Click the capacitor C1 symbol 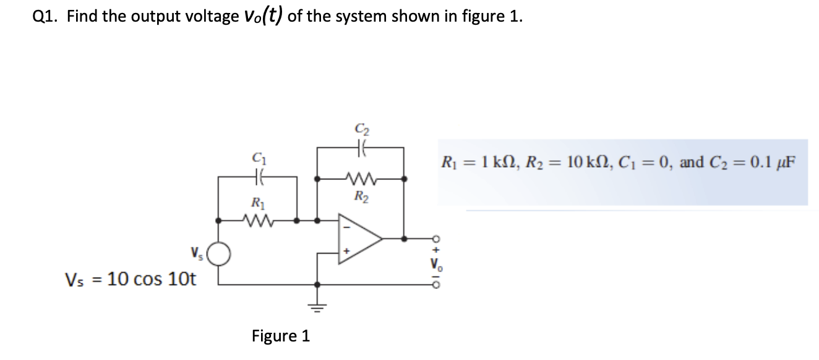257,178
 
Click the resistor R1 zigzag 258,220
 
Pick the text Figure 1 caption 281,336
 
